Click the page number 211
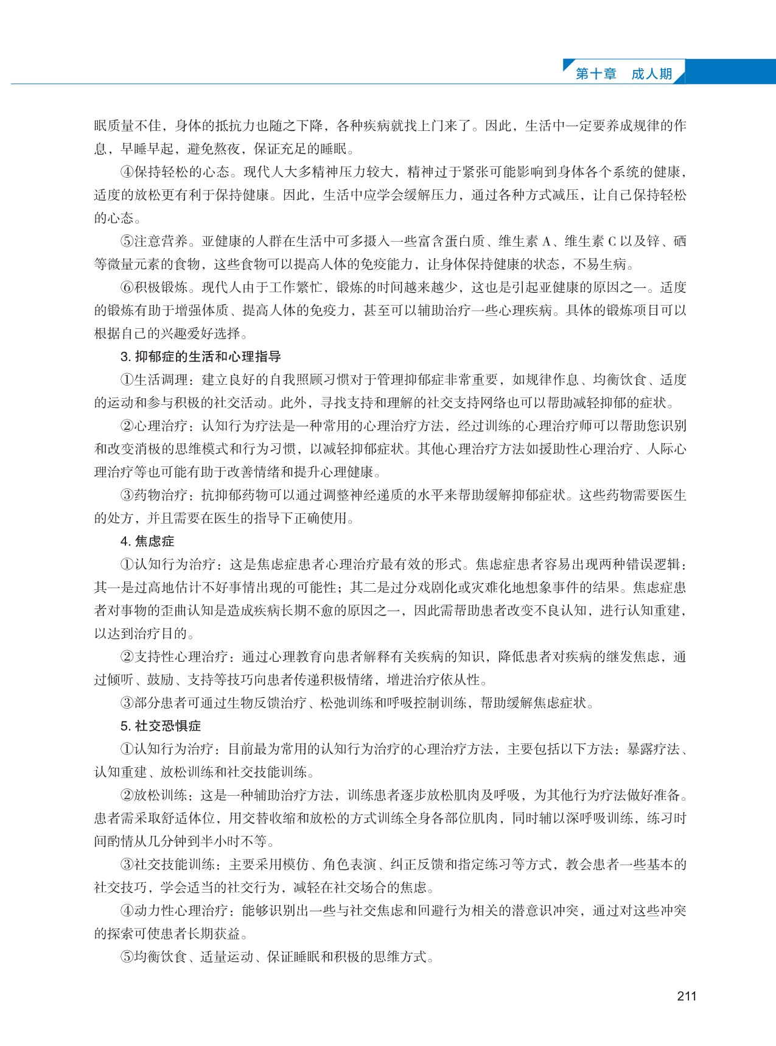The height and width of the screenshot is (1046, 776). (x=686, y=996)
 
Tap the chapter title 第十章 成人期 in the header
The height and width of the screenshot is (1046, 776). (x=623, y=74)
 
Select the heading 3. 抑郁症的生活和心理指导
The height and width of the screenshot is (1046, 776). (x=200, y=357)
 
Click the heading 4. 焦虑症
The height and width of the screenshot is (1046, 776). (x=147, y=541)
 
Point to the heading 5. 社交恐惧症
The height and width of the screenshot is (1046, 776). (x=160, y=726)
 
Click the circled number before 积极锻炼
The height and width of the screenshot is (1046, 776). (x=127, y=287)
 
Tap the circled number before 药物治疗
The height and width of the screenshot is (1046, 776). (x=127, y=495)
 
